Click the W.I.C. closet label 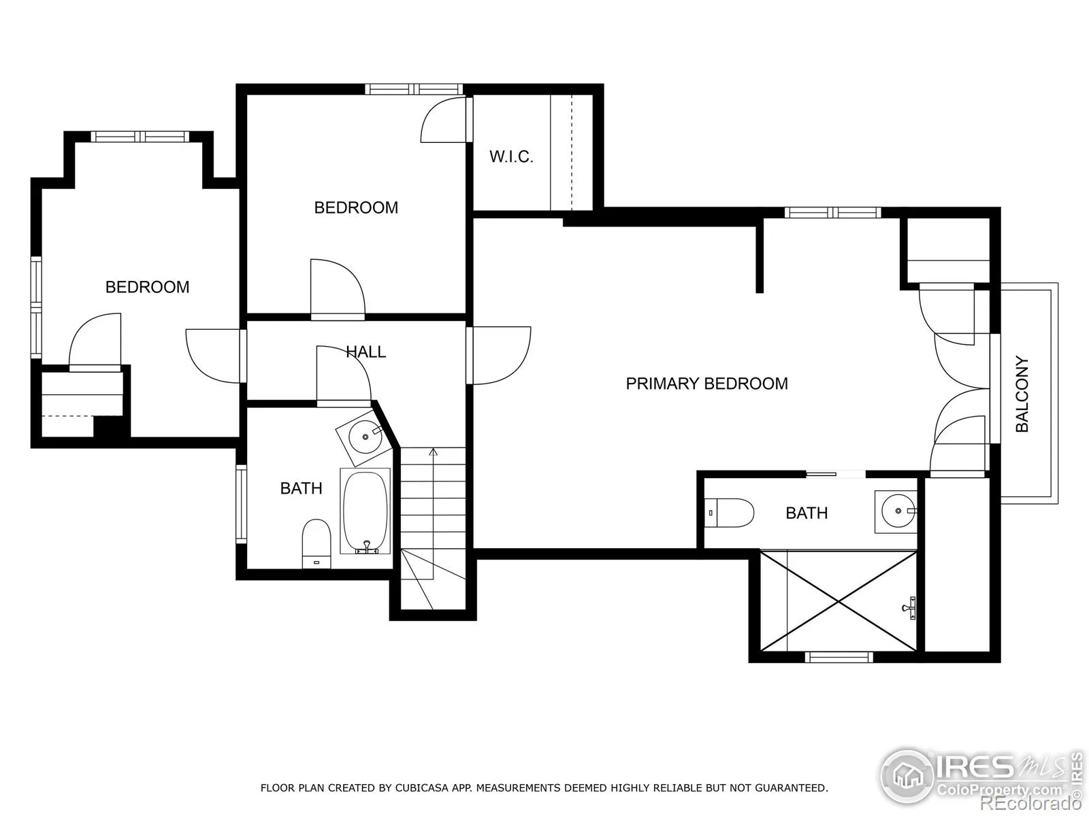(511, 156)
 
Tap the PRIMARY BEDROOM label (706, 384)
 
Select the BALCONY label (1022, 394)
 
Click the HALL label (365, 352)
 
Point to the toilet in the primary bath (730, 513)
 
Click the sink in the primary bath (896, 511)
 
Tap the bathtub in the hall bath (365, 511)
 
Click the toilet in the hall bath (316, 543)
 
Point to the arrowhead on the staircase (433, 452)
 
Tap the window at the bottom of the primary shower (839, 658)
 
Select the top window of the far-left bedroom (140, 136)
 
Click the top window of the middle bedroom (415, 89)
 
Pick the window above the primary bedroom (832, 213)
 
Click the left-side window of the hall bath (241, 504)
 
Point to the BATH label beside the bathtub (301, 488)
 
